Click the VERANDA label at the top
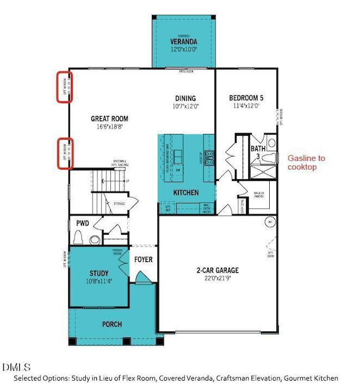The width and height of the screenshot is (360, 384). [x=183, y=42]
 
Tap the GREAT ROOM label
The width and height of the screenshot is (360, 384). [x=110, y=119]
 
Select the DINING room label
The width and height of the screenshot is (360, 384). [x=184, y=98]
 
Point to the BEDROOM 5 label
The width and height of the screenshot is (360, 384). [x=246, y=98]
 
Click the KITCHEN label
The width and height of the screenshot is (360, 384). [x=186, y=192]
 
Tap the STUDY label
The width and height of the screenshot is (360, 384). [x=99, y=273]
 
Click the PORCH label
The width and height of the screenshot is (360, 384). [x=111, y=324]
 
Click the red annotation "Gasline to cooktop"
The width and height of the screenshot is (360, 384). [x=306, y=162]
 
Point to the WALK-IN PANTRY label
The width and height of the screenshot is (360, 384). [x=259, y=194]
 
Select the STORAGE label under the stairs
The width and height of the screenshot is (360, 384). [x=119, y=204]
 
